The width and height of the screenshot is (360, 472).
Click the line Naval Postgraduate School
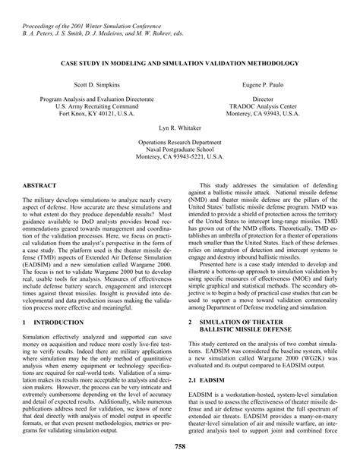[180, 151]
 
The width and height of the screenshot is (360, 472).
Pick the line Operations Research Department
[180, 143]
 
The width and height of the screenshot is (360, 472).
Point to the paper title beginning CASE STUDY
[180, 63]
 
